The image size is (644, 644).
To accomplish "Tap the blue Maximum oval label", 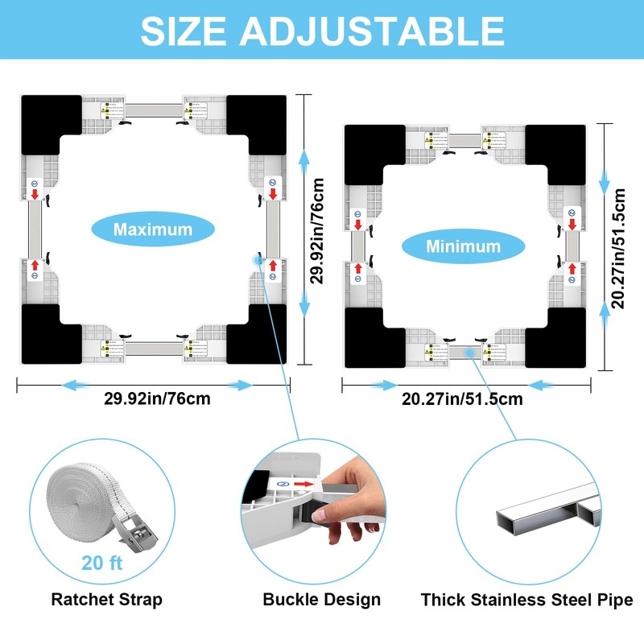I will coord(153,229).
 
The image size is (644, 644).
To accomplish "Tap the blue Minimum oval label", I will coord(463,246).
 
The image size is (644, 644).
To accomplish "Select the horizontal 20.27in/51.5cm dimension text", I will coord(463,398).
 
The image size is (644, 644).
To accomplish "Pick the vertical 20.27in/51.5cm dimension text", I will coord(618,247).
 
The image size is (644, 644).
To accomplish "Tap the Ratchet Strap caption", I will coord(107,600).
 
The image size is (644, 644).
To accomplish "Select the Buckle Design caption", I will coord(322,600).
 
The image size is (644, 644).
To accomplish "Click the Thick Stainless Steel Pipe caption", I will coord(527,600).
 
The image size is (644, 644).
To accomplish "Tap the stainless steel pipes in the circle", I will coord(547,507).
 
